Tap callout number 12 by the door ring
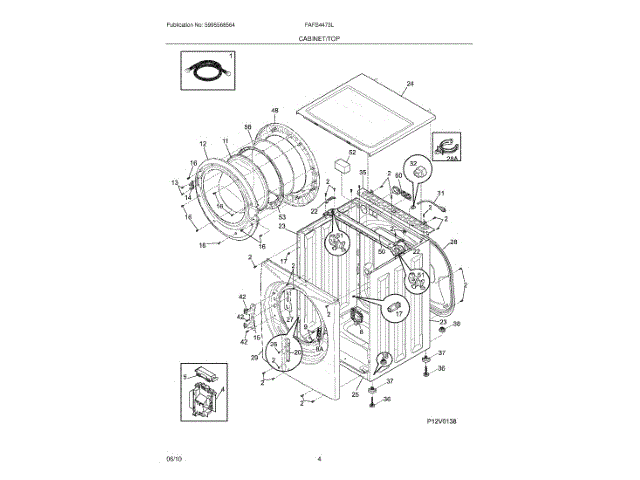click(x=203, y=144)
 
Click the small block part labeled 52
click(x=344, y=163)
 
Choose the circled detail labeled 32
click(x=412, y=169)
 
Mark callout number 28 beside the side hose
click(x=453, y=243)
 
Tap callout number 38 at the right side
click(x=456, y=324)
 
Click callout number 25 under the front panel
click(x=354, y=395)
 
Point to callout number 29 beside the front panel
click(x=254, y=357)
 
